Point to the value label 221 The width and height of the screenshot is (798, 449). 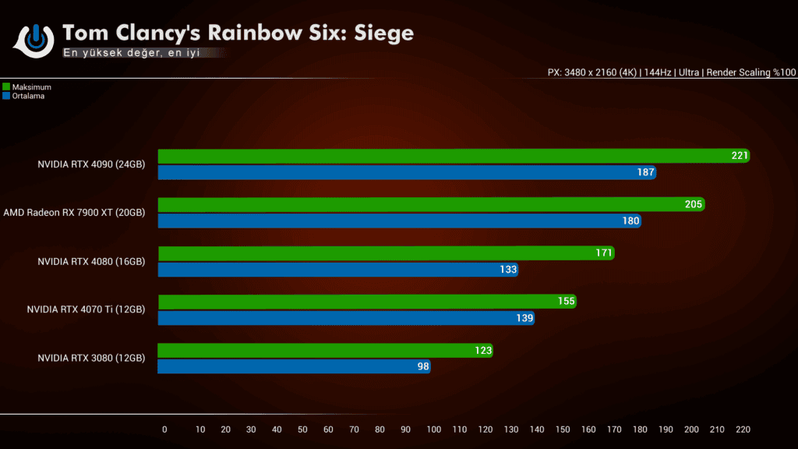click(x=740, y=156)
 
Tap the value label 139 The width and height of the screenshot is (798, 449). click(x=524, y=318)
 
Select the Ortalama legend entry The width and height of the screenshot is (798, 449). click(x=28, y=96)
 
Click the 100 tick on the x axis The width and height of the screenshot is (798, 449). click(x=434, y=430)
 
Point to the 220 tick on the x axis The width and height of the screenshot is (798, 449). click(x=743, y=430)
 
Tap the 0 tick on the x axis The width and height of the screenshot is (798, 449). click(x=164, y=430)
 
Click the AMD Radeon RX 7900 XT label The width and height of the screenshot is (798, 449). click(x=74, y=213)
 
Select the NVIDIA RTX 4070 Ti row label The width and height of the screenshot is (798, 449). click(x=86, y=309)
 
